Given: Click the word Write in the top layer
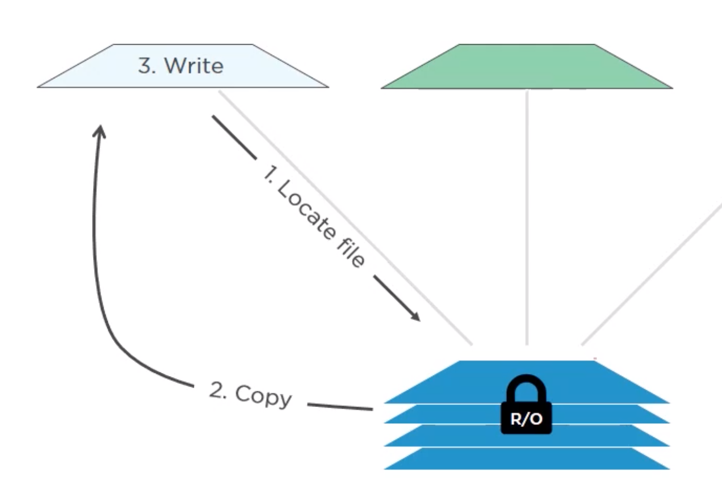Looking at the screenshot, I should point(194,66).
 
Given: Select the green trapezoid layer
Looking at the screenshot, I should point(527,69).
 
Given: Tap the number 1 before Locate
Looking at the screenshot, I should point(269,173).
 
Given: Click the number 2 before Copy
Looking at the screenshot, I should point(218,390).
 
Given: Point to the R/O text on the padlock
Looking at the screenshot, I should point(526,419).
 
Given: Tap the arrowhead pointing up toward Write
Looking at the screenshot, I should point(100,131).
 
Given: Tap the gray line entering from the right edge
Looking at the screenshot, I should point(651,275).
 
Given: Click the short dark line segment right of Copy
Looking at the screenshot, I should point(340,406).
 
